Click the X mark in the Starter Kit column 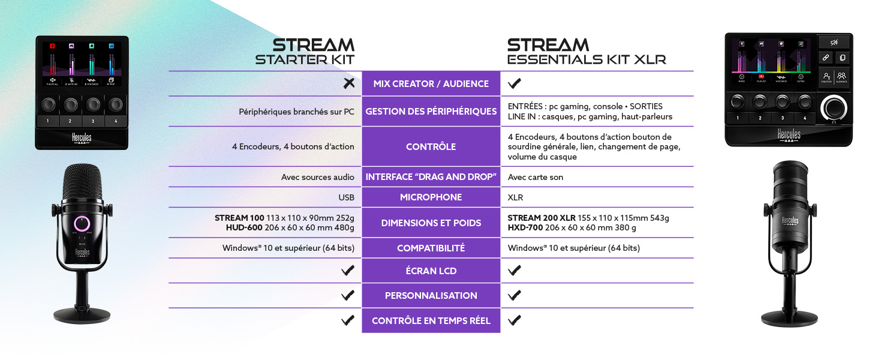[348, 83]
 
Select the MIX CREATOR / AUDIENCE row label [431, 84]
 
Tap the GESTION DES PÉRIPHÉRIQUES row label [431, 111]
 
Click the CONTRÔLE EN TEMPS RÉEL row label [431, 320]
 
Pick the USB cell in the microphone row [346, 197]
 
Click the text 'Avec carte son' [535, 177]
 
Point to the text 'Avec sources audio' [317, 177]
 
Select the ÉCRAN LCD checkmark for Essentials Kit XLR [514, 271]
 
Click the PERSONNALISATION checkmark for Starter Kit [347, 295]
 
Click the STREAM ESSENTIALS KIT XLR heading [586, 52]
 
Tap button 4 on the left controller [116, 121]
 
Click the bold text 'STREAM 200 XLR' [541, 218]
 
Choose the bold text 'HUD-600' [245, 227]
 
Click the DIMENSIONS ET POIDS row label [431, 223]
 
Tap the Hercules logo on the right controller [789, 135]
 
